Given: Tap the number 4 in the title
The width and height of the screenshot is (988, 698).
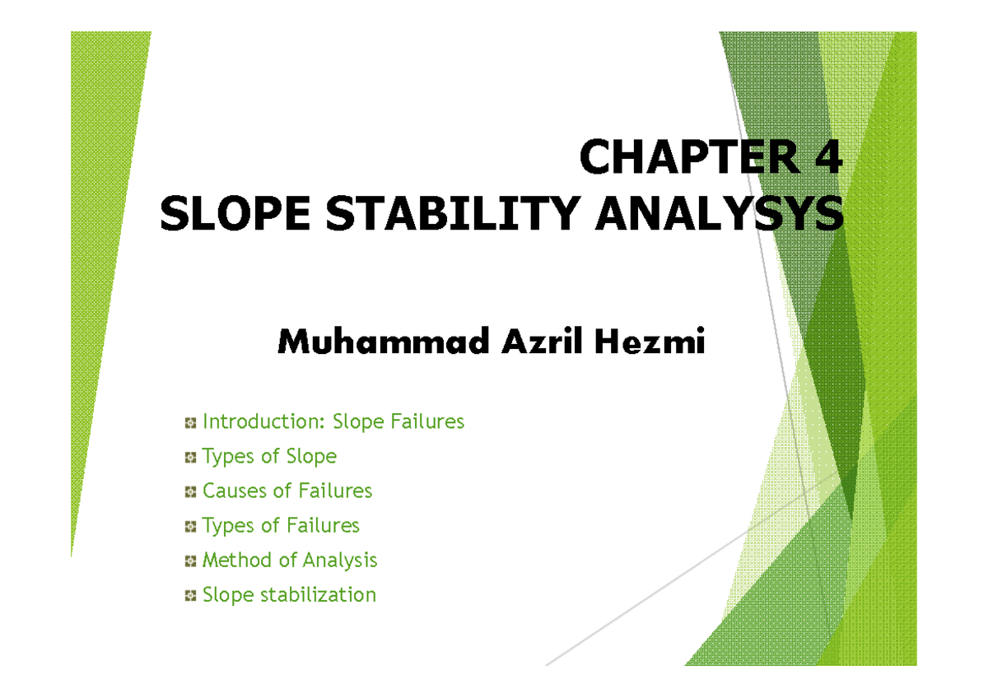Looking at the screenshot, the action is (829, 156).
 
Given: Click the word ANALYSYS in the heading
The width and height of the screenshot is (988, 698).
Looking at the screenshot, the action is (720, 213).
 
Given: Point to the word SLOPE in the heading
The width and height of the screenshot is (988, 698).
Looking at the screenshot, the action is (235, 213).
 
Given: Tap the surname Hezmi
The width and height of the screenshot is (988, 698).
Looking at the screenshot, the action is (650, 342).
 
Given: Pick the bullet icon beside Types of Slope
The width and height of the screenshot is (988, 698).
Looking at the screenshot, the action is (190, 458).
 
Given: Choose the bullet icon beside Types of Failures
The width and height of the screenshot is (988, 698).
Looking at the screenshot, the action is (190, 527).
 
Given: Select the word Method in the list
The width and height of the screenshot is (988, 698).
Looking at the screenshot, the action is (237, 560).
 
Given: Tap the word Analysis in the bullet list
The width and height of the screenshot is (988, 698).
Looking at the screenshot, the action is (339, 561).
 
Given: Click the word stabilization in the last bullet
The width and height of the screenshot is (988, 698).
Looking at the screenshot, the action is (318, 594).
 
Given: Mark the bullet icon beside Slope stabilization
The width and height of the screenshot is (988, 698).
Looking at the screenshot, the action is (190, 596).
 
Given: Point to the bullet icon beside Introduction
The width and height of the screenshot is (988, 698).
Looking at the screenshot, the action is (190, 423).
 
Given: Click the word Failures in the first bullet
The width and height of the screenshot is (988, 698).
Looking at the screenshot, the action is (427, 421).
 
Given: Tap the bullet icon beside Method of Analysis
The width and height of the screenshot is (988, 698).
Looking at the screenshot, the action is (190, 561).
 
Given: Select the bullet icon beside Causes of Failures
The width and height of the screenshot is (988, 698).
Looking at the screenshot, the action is (190, 492).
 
